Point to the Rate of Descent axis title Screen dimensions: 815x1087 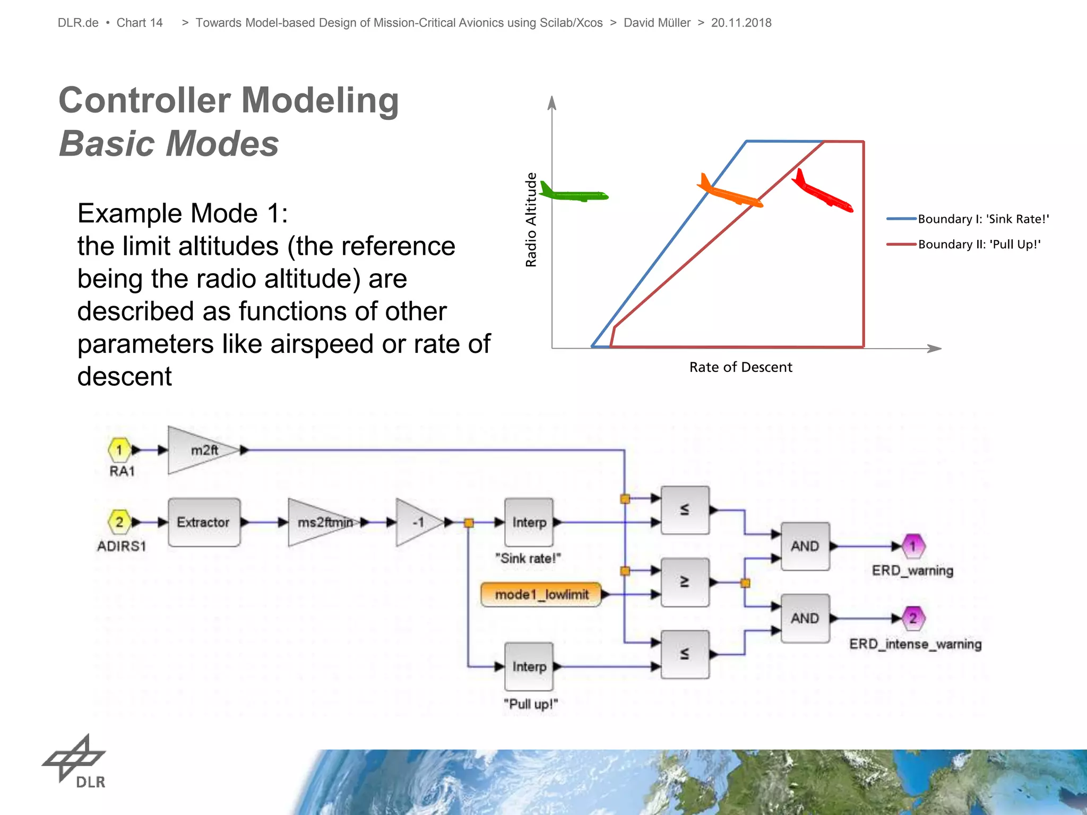(x=740, y=367)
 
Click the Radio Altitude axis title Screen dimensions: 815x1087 (x=531, y=220)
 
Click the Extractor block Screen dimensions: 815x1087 (x=204, y=522)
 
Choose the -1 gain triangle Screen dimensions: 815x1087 (x=417, y=522)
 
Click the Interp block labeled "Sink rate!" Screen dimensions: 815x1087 (x=529, y=522)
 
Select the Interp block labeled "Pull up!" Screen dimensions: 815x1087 (x=529, y=666)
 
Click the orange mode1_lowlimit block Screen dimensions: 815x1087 (x=541, y=594)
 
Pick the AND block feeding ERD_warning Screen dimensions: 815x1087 (x=805, y=546)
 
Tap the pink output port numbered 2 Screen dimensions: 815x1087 (x=913, y=618)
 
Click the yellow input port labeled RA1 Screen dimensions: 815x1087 (x=119, y=450)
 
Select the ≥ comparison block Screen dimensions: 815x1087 (x=685, y=582)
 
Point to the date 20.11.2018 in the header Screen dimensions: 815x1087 (x=741, y=23)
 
